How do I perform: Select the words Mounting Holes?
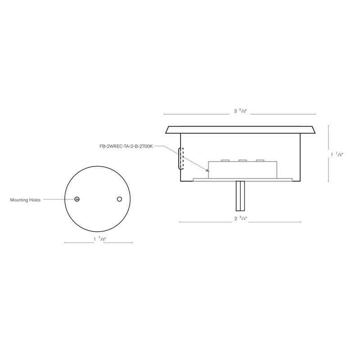pyautogui.click(x=25, y=200)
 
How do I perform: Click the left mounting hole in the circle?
pyautogui.click(x=77, y=199)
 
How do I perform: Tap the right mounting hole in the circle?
pyautogui.click(x=119, y=199)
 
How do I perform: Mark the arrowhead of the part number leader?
pyautogui.click(x=208, y=171)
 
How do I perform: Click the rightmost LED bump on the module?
pyautogui.click(x=260, y=160)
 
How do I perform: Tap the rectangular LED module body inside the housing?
pyautogui.click(x=243, y=170)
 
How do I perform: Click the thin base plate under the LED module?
pyautogui.click(x=243, y=180)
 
